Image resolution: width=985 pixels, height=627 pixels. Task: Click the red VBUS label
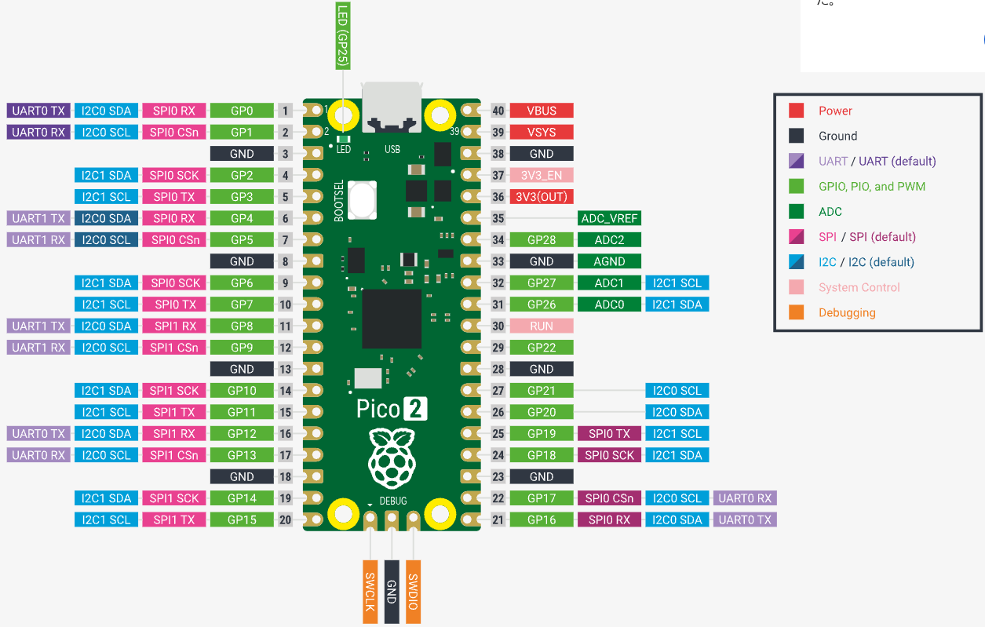[542, 111]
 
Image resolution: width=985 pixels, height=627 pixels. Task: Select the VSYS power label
[542, 132]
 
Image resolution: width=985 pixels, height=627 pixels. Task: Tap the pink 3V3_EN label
[542, 175]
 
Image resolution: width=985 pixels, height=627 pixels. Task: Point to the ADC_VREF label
[609, 218]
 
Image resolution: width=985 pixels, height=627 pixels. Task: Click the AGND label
[609, 261]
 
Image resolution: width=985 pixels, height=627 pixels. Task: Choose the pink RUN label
[542, 326]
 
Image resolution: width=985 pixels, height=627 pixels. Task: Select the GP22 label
[542, 347]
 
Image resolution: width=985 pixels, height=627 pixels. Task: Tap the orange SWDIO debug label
[413, 592]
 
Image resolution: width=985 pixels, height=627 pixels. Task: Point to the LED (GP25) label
[342, 35]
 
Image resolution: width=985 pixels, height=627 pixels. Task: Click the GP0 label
[242, 111]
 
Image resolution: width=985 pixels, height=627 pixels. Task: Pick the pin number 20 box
[286, 519]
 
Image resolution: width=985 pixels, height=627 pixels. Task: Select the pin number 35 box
[498, 218]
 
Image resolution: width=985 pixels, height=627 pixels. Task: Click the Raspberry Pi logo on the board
[391, 459]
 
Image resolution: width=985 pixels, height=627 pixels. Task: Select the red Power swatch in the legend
[796, 111]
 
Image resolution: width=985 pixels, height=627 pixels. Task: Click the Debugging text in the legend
[847, 312]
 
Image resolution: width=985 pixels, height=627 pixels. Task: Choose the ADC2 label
[609, 239]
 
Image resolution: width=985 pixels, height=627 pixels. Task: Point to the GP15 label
[242, 519]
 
